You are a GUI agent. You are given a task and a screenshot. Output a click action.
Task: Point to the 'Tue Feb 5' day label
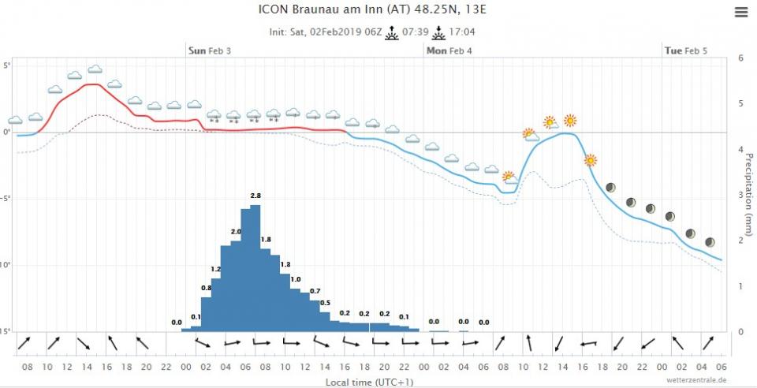(685, 50)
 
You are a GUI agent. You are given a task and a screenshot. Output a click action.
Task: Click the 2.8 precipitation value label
(255, 196)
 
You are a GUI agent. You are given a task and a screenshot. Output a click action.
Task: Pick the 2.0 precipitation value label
(236, 231)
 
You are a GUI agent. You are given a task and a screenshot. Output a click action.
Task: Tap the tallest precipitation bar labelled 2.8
(255, 268)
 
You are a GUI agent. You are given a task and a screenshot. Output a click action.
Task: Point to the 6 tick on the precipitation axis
(740, 58)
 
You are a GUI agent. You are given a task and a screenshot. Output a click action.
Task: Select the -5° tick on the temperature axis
(6, 199)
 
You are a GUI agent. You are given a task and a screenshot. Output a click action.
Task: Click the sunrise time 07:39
(415, 32)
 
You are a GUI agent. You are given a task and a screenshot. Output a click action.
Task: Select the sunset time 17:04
(461, 32)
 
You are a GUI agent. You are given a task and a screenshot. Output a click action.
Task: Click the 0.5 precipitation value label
(325, 303)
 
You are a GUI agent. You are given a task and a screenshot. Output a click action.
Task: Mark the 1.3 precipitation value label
(285, 264)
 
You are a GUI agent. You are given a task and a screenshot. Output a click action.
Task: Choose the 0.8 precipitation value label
(207, 289)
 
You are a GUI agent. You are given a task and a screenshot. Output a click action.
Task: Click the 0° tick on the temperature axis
(6, 132)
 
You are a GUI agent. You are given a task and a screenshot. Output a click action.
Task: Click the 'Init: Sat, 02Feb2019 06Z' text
(325, 32)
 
